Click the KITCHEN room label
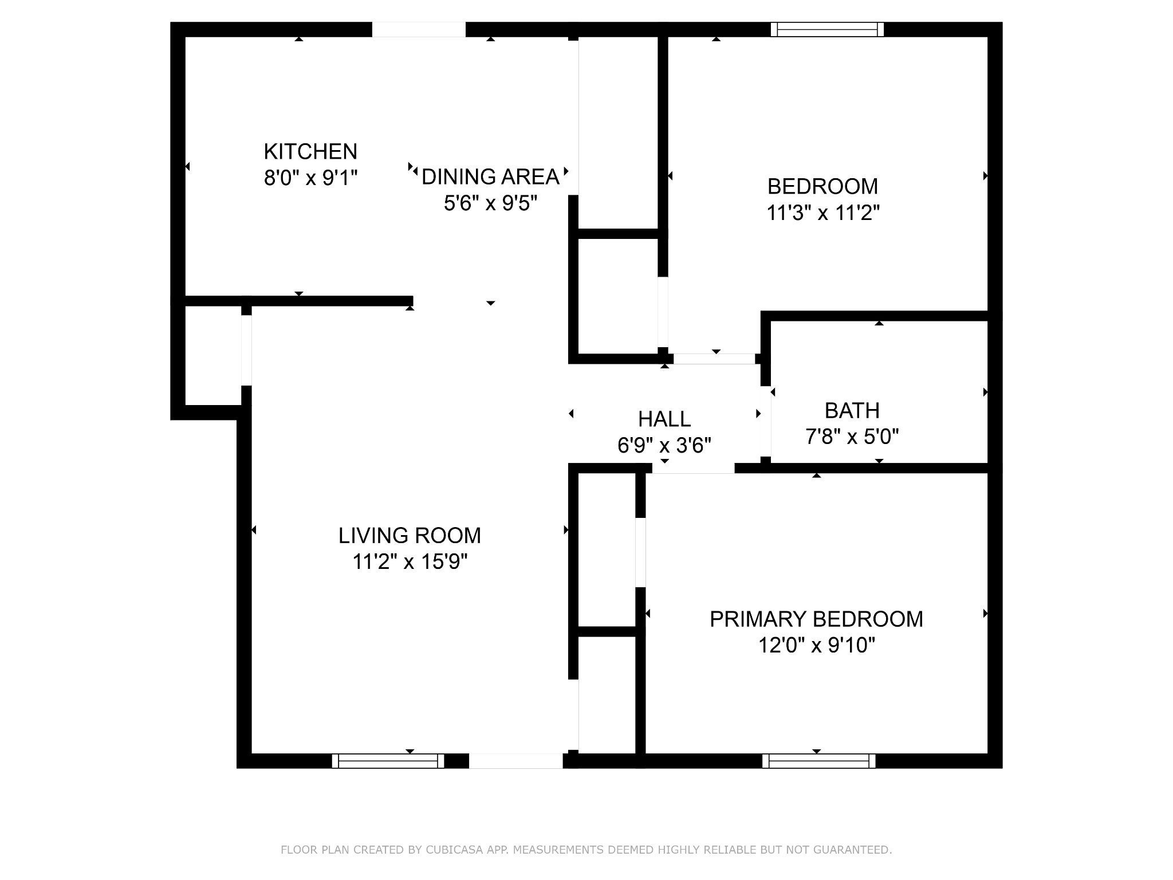tap(310, 152)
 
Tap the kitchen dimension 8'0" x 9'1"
tap(310, 178)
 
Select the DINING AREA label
tap(490, 177)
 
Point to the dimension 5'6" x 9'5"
tap(490, 203)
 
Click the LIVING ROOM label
tap(410, 536)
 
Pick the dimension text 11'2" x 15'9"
tap(410, 562)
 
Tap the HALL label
tap(664, 419)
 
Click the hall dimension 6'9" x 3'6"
tap(664, 445)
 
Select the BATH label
tap(852, 411)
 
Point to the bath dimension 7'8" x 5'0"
tap(852, 437)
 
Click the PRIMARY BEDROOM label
tap(816, 619)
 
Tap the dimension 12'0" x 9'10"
tap(816, 646)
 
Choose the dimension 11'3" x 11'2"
tap(822, 213)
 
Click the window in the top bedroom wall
tap(826, 29)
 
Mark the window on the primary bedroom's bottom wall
tap(818, 761)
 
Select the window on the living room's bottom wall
tap(388, 761)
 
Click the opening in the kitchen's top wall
tap(419, 29)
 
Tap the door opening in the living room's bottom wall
tap(516, 761)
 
